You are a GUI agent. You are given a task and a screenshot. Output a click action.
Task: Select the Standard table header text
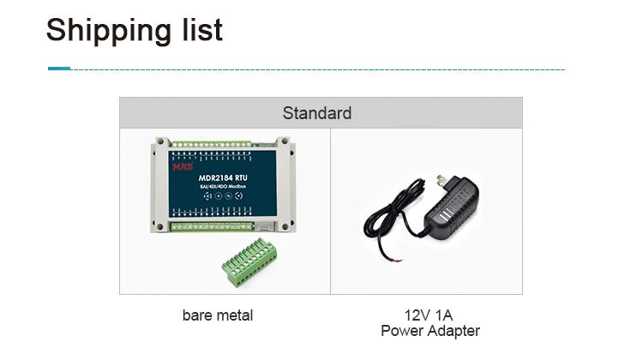tap(317, 113)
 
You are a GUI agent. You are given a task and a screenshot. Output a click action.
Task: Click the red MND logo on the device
tap(183, 165)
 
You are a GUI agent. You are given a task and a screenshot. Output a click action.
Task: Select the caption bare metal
tap(218, 315)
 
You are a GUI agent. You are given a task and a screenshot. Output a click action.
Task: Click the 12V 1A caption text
tap(429, 315)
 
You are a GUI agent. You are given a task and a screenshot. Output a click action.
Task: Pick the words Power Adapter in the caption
tap(430, 331)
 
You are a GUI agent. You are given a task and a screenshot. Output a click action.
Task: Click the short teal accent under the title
tap(59, 68)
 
